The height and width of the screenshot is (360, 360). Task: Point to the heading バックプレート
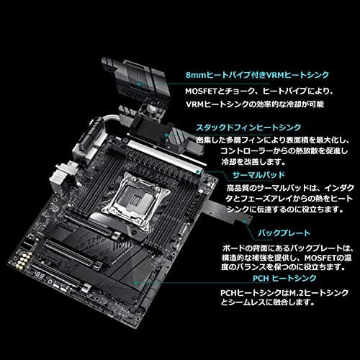(284, 233)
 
